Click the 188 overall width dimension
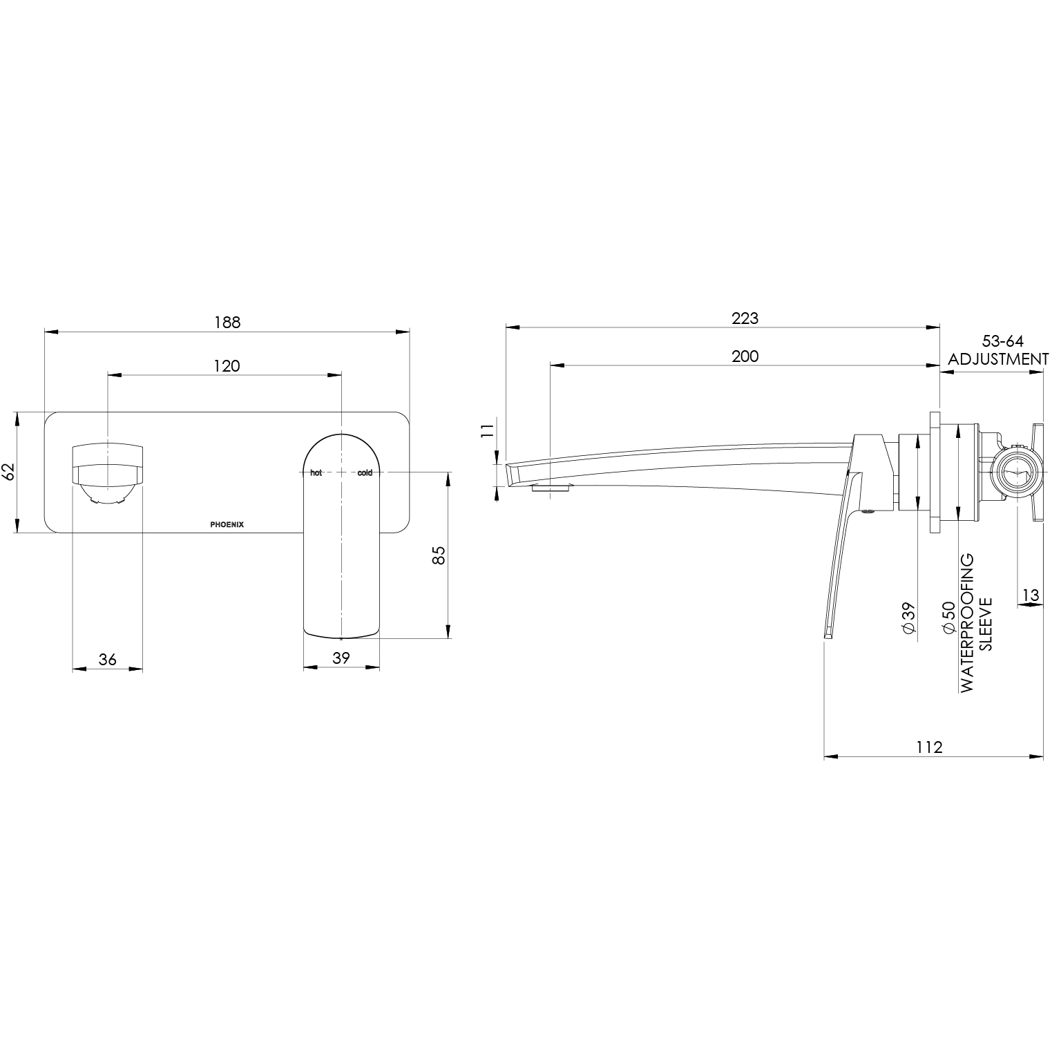click(227, 322)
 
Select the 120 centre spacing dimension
click(227, 365)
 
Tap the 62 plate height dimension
click(8, 472)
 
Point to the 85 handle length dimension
click(438, 555)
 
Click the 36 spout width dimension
click(107, 659)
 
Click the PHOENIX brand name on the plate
click(227, 524)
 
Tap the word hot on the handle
click(316, 473)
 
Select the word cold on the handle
click(365, 473)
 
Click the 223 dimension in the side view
click(745, 318)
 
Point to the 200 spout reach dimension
click(745, 356)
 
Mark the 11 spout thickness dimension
click(488, 431)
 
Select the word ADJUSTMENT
click(998, 359)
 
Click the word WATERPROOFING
click(966, 622)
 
